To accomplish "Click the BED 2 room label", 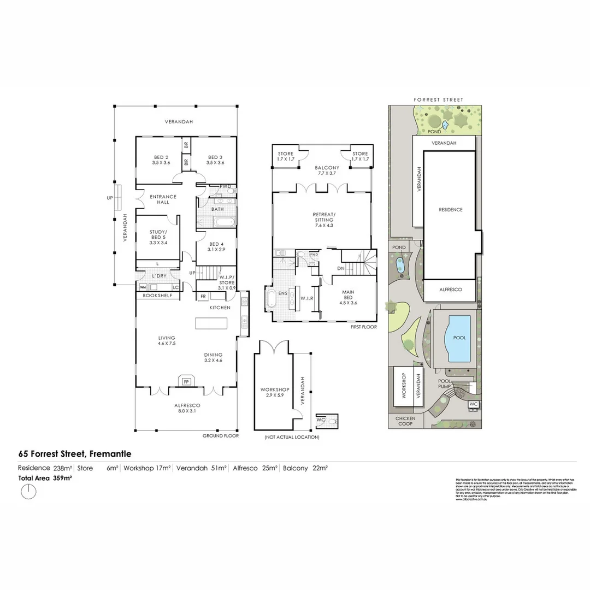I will [x=161, y=160].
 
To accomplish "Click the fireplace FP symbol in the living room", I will [x=186, y=381].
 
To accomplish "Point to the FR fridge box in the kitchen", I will [x=203, y=297].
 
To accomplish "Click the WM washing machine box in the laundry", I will [x=143, y=287].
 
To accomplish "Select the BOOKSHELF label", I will [x=157, y=296].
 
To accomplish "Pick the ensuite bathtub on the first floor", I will [x=272, y=300].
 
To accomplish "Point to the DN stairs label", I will [x=340, y=269].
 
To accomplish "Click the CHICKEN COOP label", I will [x=405, y=421].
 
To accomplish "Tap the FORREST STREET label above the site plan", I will [x=439, y=100].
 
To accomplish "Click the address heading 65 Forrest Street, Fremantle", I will [x=75, y=453].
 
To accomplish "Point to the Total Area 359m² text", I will [x=45, y=478].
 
